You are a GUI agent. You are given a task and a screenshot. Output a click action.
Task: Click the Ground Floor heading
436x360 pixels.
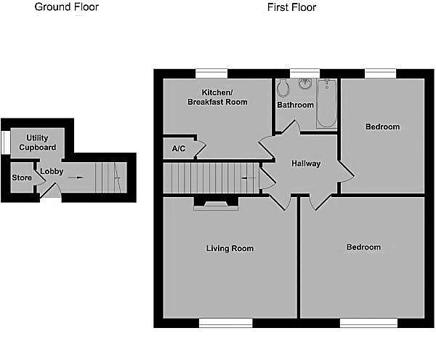pos(67,7)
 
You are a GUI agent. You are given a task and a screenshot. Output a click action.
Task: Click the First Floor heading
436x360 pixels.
pos(291,7)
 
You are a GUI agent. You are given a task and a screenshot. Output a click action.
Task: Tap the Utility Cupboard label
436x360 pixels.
pos(38,143)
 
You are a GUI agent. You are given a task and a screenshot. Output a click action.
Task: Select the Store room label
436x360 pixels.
pos(22,177)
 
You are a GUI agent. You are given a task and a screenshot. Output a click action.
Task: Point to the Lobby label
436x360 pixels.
pos(52,172)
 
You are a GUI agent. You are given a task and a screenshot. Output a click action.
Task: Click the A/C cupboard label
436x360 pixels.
pos(179,148)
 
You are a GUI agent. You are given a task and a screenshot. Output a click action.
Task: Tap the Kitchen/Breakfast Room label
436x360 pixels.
pos(217,97)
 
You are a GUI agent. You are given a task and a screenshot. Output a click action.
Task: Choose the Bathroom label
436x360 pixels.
pos(295,105)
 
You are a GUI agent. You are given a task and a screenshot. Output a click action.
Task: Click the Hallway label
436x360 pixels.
pos(306,164)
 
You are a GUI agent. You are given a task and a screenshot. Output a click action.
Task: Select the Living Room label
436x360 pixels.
pos(230,248)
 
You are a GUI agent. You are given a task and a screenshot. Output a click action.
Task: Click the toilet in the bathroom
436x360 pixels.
pos(283,87)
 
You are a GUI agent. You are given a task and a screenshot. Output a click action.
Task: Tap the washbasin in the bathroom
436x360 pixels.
pos(305,84)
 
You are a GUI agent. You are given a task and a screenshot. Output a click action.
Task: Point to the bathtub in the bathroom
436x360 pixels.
pos(327,103)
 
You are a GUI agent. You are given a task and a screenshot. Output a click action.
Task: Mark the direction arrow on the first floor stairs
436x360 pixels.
pos(249,177)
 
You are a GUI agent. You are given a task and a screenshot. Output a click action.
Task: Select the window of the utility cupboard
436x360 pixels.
pos(6,142)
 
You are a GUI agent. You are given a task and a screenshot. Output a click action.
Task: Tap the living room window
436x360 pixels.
pos(226,323)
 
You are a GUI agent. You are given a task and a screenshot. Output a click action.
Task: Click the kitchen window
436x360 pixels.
pos(211,73)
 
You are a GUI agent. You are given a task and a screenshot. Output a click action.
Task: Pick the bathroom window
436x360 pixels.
pos(304,73)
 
